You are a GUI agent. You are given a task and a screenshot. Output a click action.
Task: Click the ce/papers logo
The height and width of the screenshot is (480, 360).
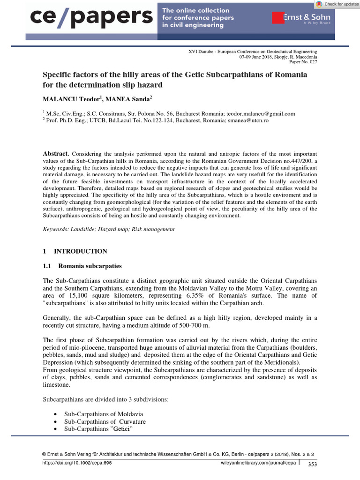[x=92, y=17]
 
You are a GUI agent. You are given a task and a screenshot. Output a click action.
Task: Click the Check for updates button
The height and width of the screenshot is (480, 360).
[x=337, y=4]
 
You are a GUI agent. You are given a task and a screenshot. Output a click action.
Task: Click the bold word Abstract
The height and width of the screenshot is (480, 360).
[x=56, y=154]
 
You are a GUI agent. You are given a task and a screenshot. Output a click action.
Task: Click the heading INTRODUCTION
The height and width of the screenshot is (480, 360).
[x=80, y=251]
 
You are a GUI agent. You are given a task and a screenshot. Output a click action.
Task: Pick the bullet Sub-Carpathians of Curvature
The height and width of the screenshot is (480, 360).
[x=99, y=421]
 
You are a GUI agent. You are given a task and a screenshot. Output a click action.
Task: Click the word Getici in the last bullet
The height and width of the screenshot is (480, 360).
[x=126, y=429]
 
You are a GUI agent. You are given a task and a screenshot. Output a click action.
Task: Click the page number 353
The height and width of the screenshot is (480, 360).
[x=312, y=464]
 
